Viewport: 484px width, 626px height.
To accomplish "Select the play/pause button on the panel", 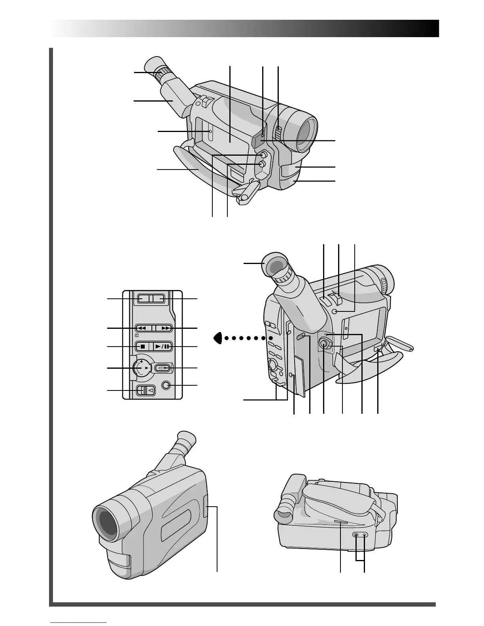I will [163, 347].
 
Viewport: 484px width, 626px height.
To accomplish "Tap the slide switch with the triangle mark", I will [146, 390].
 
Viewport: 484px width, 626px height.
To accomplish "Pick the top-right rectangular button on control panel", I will [159, 299].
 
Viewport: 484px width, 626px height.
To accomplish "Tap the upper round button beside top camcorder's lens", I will [263, 155].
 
